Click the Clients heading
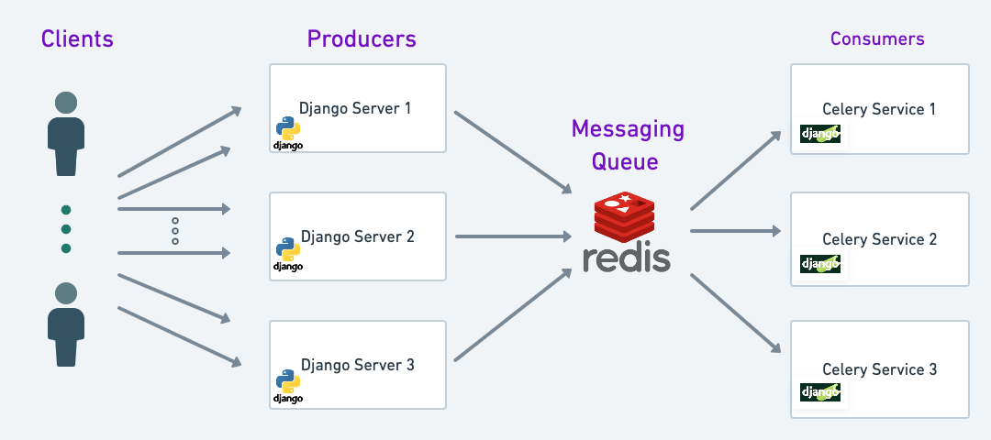77,38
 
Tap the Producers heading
362,39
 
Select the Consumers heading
877,38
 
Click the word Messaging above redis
628,128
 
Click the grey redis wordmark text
627,258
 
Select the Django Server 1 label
355,108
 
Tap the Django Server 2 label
358,236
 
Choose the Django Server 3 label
358,365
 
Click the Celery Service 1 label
879,109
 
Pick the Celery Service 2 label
879,239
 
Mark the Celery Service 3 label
879,369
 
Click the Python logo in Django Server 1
288,128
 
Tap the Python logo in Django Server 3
288,381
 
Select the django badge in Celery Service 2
819,264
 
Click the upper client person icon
66,133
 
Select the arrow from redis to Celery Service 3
736,313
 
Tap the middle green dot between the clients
66,228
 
